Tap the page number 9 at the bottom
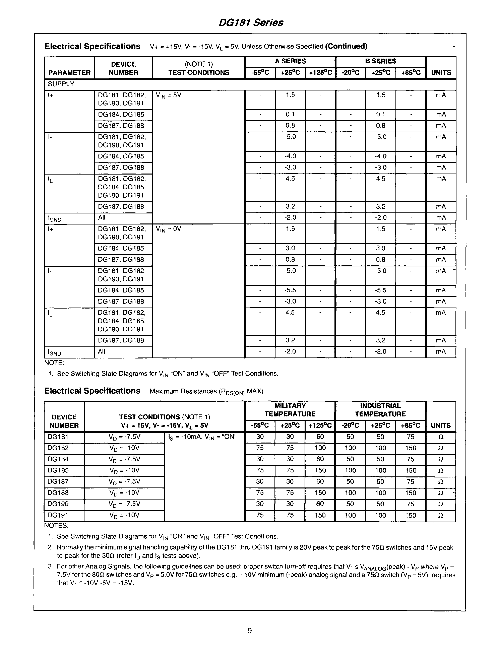249,631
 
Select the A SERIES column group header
290,61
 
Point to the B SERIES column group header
380,61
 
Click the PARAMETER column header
69,73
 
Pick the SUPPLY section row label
61,84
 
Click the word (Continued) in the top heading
346,46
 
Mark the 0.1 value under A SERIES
290,115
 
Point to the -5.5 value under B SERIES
380,290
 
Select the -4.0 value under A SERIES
290,156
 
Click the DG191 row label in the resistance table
58,515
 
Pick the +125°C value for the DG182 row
320,448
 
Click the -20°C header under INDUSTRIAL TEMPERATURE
350,425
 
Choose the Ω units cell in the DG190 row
440,504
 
